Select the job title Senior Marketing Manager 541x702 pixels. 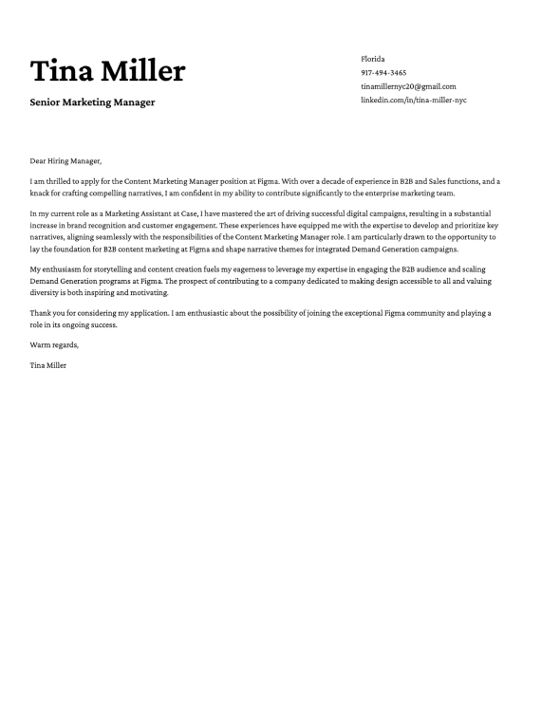click(92, 102)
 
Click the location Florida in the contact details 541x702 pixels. click(373, 59)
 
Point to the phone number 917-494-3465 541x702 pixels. click(383, 72)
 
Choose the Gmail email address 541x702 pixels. click(408, 85)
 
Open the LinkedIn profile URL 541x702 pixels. click(414, 99)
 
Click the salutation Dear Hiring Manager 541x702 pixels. click(65, 160)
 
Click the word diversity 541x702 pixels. click(46, 294)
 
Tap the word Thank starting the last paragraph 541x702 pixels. click(40, 313)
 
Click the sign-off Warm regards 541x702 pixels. click(54, 344)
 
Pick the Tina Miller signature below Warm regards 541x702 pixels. click(48, 364)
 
